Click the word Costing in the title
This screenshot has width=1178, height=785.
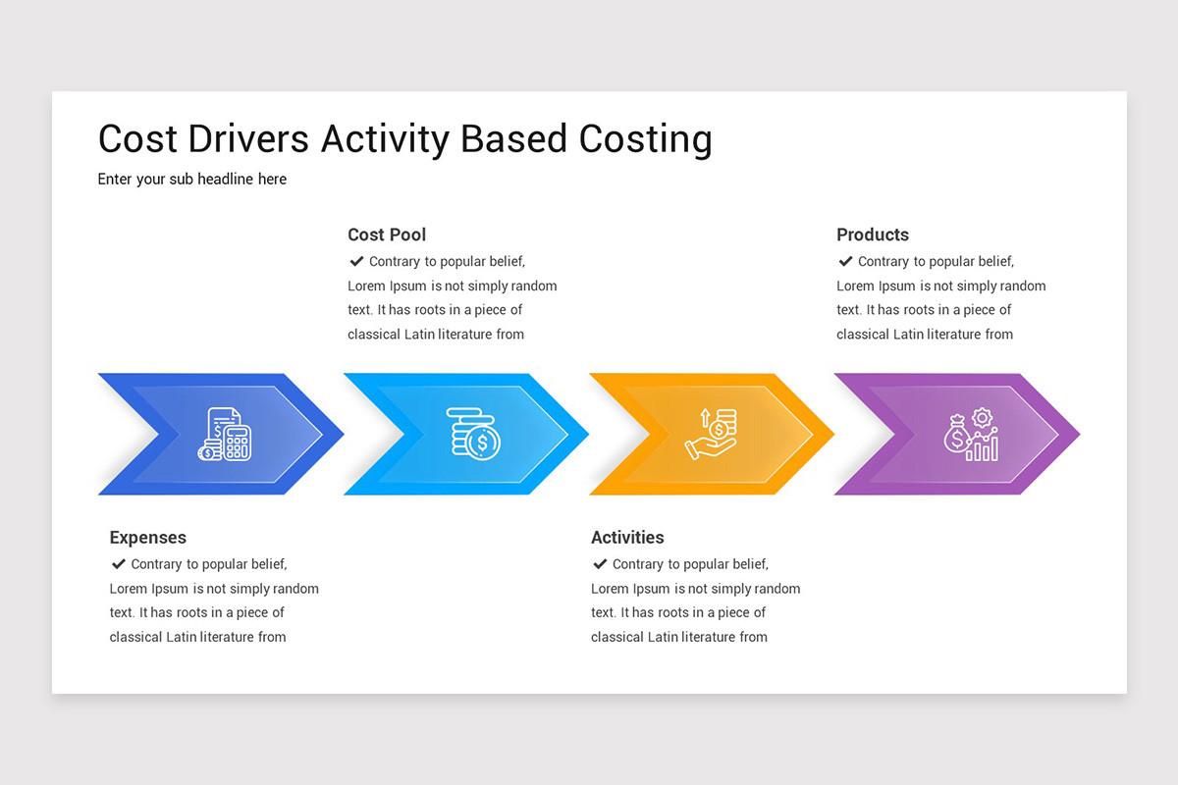click(x=645, y=140)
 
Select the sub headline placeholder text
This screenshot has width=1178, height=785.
click(x=192, y=180)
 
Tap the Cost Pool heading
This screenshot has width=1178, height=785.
click(x=387, y=235)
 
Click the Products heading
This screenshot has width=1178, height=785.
click(x=873, y=235)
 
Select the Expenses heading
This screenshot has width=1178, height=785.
click(x=147, y=538)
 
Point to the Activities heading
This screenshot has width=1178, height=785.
click(x=627, y=538)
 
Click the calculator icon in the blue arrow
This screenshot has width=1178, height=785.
click(x=225, y=435)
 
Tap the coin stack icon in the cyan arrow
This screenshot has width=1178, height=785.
click(x=473, y=433)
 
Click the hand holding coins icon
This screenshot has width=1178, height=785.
click(x=712, y=434)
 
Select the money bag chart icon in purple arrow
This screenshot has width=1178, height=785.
click(x=971, y=436)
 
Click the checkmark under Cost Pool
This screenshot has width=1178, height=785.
click(x=356, y=261)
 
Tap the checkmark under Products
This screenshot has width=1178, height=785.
click(x=845, y=261)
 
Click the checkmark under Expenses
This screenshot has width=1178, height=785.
click(x=118, y=564)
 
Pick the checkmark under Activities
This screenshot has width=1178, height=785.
click(x=599, y=564)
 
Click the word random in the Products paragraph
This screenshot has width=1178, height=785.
click(x=1023, y=287)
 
